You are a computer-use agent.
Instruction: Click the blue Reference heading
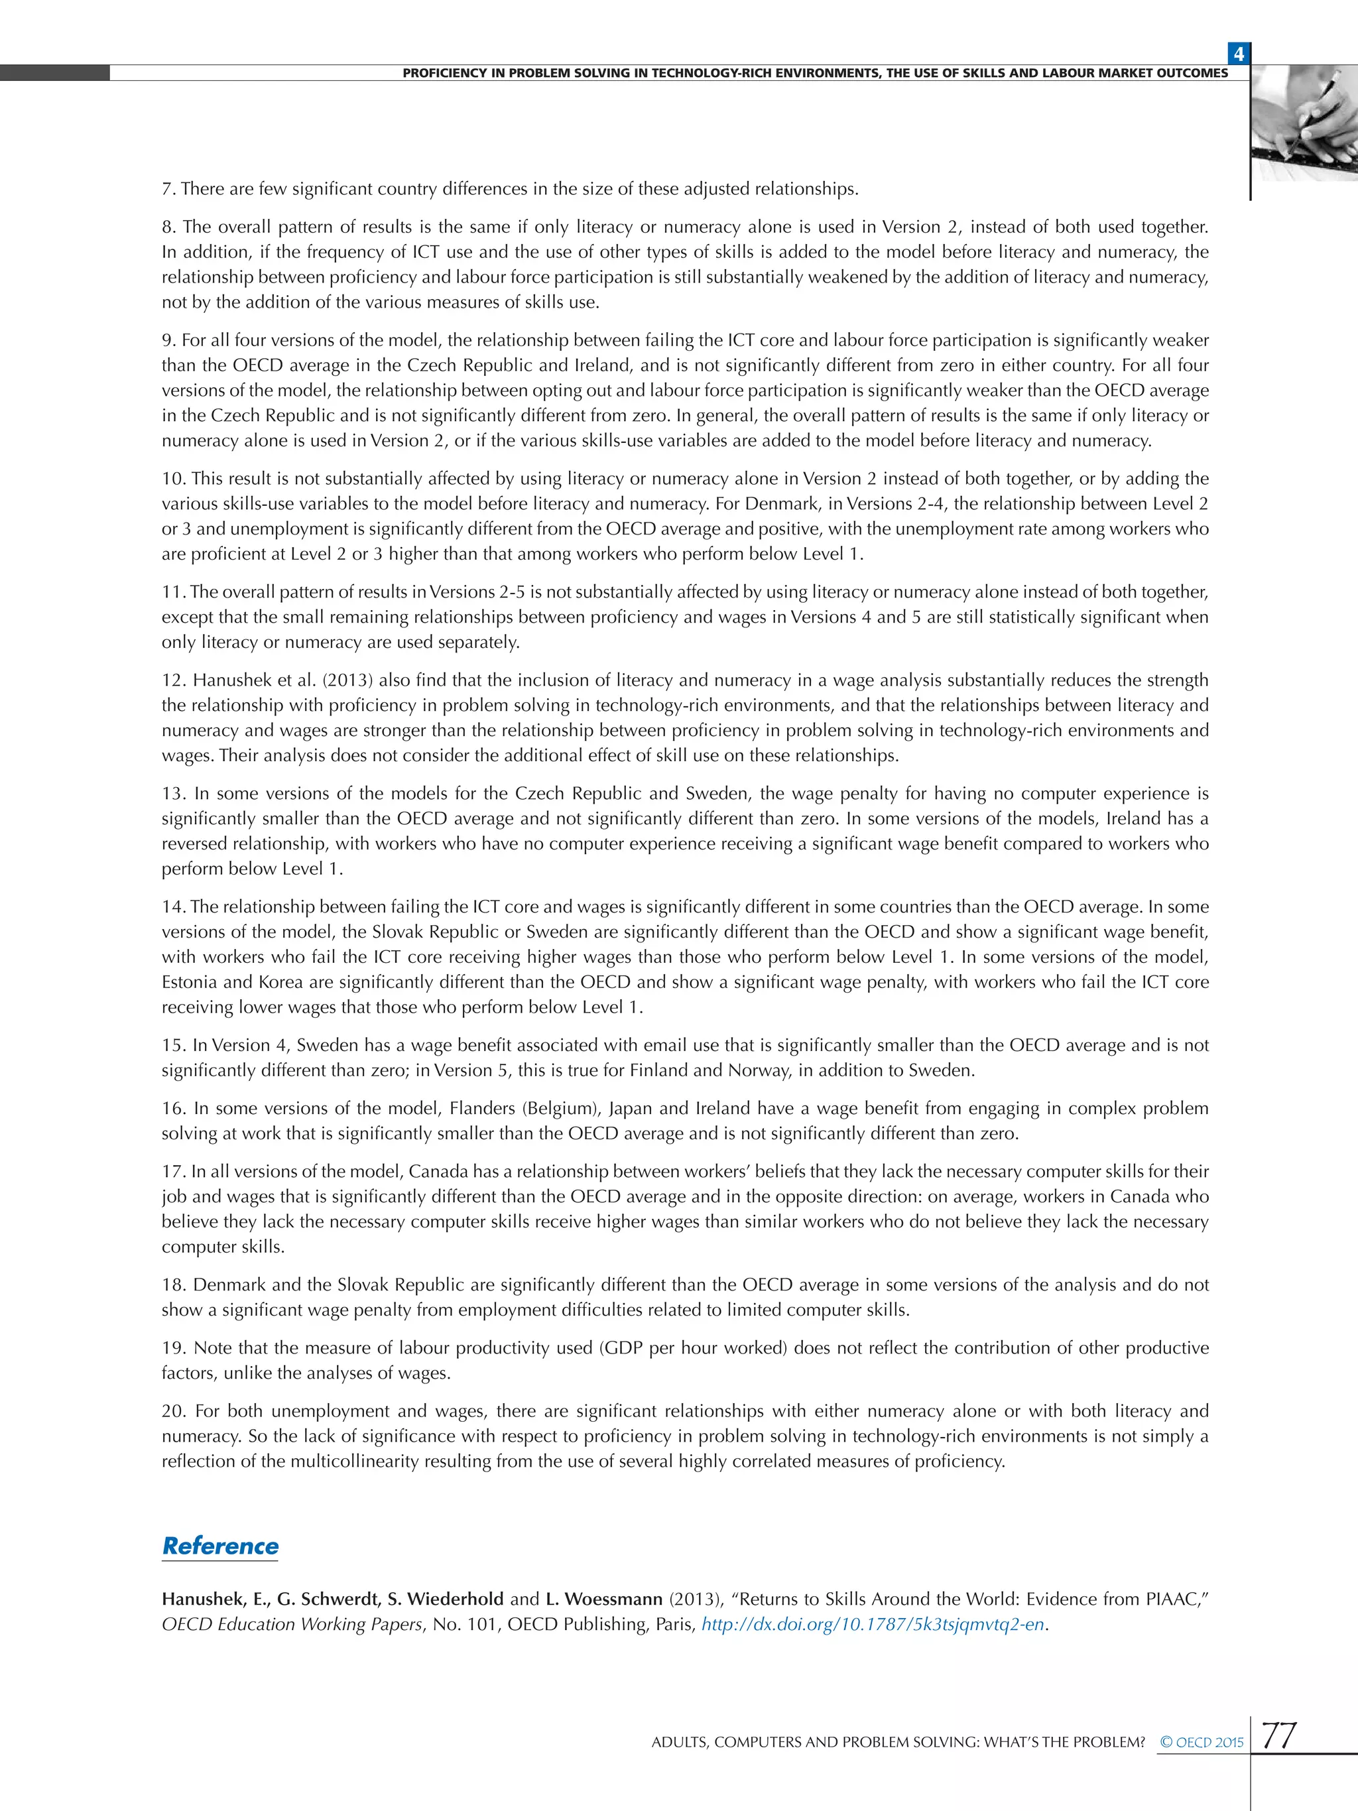pos(220,1546)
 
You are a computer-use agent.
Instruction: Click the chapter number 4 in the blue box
pos(1239,54)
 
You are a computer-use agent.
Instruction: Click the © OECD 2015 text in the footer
pos(1202,1742)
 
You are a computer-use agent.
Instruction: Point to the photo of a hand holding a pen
pos(1305,123)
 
